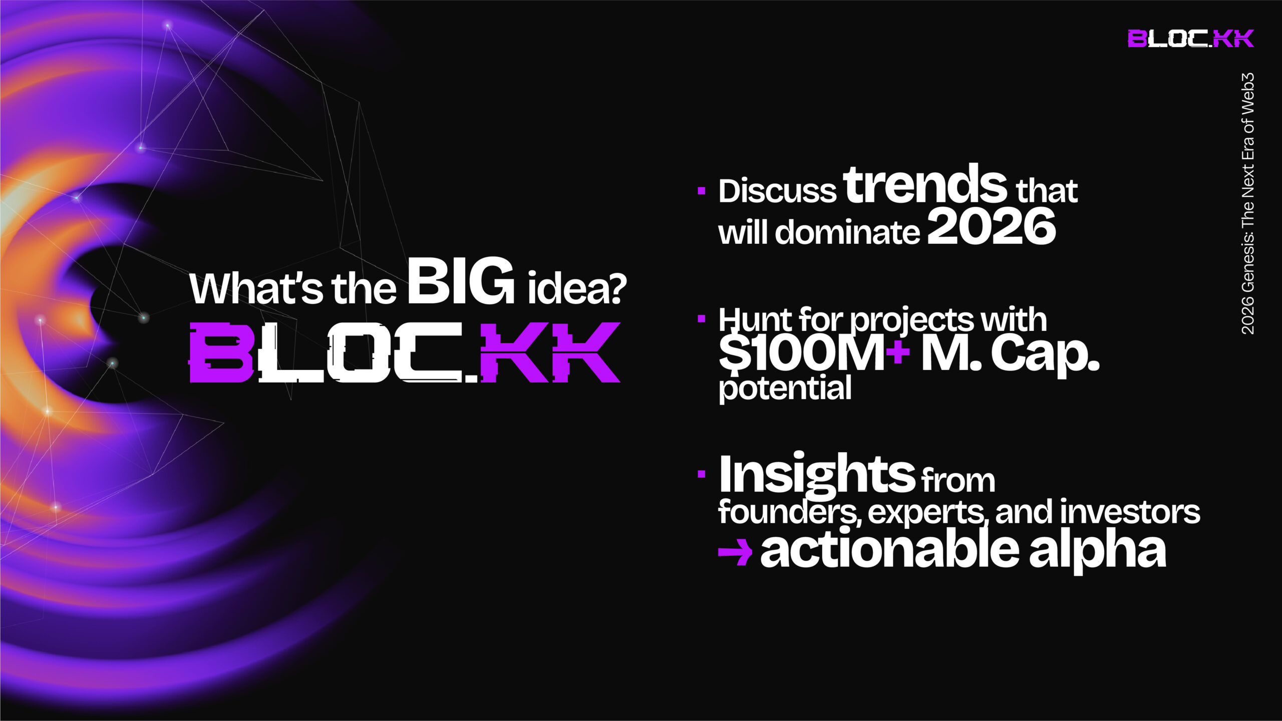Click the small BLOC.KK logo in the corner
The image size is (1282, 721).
1190,39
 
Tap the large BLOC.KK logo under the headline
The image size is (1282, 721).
405,352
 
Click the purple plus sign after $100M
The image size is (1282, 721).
897,351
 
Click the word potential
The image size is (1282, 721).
785,389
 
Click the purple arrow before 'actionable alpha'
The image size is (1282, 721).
735,553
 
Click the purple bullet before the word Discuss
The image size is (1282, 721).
702,190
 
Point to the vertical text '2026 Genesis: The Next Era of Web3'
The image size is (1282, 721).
1247,203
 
